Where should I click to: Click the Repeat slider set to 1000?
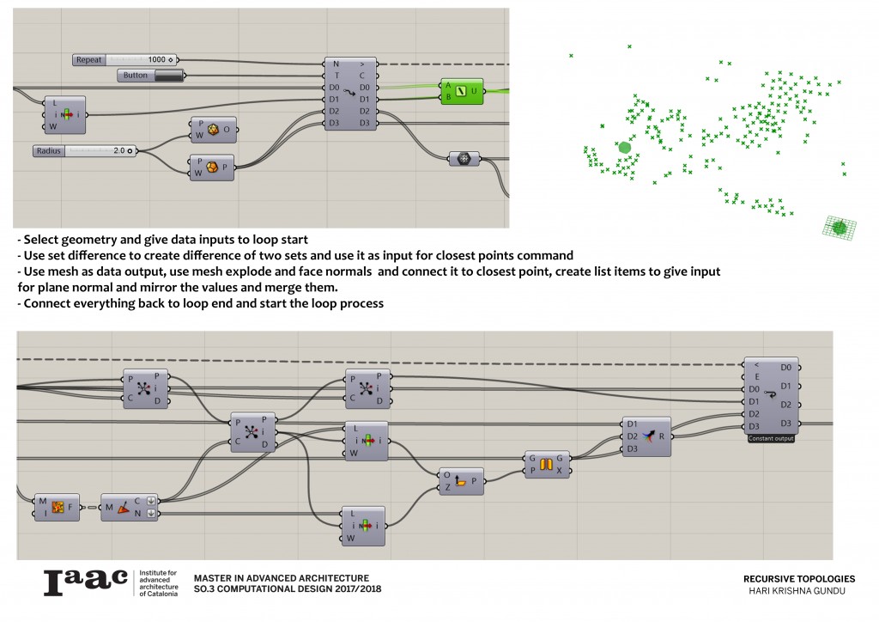pos(125,60)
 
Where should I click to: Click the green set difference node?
pos(461,91)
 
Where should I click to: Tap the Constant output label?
pos(770,438)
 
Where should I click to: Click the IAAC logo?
pos(85,582)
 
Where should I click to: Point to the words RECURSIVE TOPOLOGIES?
pos(798,579)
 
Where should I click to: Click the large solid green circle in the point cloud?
pos(625,148)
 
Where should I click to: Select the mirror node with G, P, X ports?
pos(546,465)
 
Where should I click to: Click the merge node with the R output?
pos(646,436)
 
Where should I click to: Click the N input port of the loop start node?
pos(335,64)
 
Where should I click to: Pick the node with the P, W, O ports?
pos(212,130)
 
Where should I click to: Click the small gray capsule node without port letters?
pos(464,158)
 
